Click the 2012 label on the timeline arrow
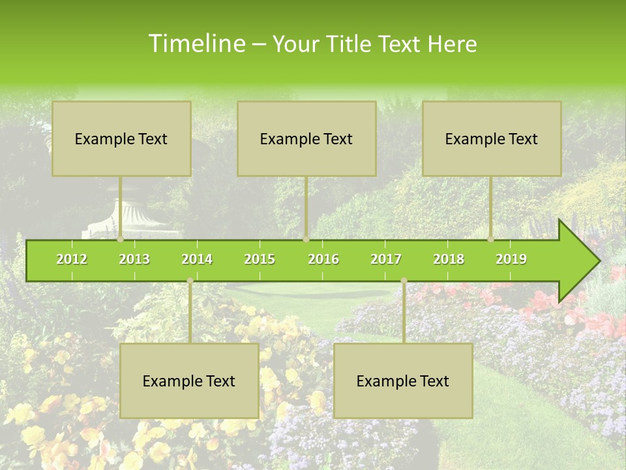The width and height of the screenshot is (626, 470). point(72,259)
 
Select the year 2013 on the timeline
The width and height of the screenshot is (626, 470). point(134,259)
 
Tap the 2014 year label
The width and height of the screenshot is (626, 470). point(197,259)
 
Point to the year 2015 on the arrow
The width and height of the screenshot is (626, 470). point(260,259)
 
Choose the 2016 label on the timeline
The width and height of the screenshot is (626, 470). point(323,259)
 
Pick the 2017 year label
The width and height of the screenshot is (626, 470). point(386,259)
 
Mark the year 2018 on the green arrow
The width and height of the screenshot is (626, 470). point(449,259)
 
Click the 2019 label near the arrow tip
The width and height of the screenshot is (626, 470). point(511,259)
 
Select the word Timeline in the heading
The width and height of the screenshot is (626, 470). point(196,44)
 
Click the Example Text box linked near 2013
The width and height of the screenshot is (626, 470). point(121,138)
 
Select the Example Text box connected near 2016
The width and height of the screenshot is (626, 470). point(306,138)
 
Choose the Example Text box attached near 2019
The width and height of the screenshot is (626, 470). point(492,138)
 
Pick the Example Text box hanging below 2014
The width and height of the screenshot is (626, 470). point(189,381)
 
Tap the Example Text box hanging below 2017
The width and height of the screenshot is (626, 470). point(403,381)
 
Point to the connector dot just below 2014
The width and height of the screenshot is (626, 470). point(190,281)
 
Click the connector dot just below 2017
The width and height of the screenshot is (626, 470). point(404,281)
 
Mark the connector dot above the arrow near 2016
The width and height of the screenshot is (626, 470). point(306,239)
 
